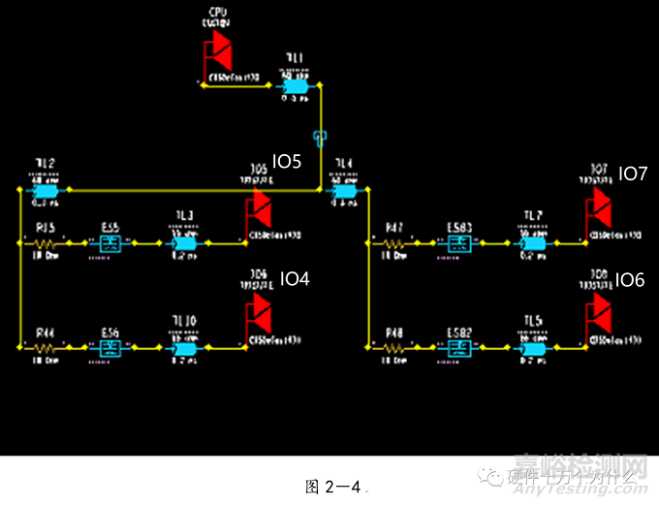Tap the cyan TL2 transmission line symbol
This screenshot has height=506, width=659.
45,190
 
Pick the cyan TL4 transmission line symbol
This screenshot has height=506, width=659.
343,190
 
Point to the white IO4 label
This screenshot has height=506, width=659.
295,279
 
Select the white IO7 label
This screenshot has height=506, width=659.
632,174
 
